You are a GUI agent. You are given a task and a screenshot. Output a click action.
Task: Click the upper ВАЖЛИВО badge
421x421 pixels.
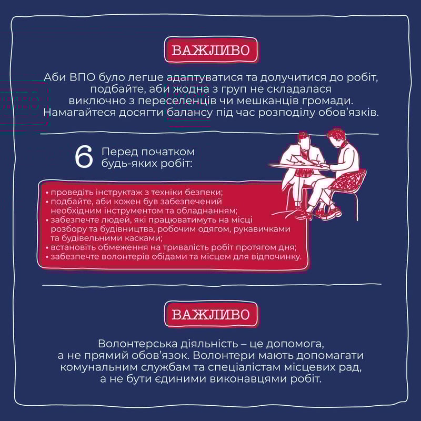click(211, 50)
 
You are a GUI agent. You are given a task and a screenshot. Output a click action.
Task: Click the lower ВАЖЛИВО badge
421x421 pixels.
click(211, 314)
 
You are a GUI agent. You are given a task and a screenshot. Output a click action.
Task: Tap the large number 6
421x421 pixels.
click(84, 157)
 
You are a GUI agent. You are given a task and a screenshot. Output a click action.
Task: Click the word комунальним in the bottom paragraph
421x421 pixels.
click(97, 367)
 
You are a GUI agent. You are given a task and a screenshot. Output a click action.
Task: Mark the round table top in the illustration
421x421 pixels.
click(298, 166)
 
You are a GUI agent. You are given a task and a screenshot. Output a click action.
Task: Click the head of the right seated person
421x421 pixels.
click(336, 137)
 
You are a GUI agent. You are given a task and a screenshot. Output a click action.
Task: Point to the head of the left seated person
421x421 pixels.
click(304, 139)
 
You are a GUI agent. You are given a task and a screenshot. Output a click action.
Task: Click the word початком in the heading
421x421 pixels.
click(167, 152)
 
